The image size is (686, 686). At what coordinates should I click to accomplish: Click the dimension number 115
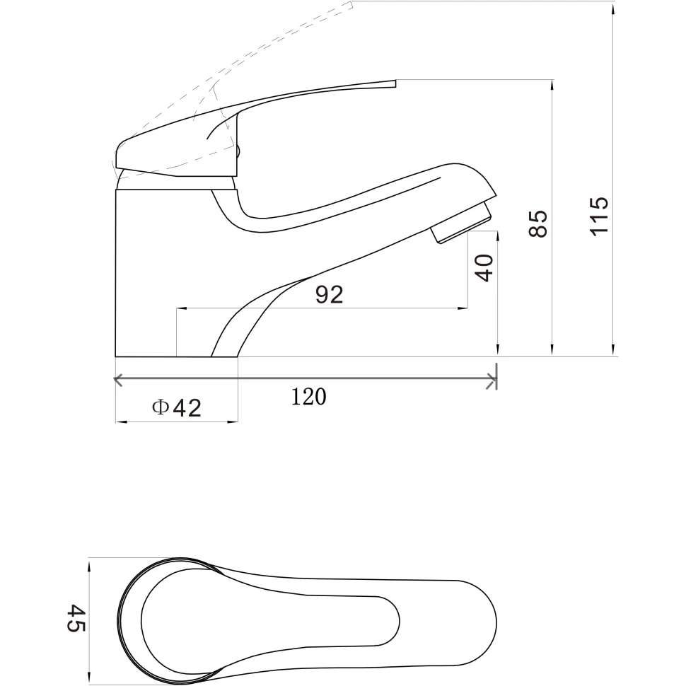click(x=600, y=216)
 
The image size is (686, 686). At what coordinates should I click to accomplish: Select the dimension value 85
click(x=538, y=223)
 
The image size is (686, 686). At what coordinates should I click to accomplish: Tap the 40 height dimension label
click(x=484, y=268)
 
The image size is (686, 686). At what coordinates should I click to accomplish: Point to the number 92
click(x=330, y=294)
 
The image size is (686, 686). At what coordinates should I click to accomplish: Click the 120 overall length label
click(x=309, y=397)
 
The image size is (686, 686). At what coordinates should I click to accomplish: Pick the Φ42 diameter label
click(x=177, y=408)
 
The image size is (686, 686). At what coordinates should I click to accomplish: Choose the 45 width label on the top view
click(x=76, y=617)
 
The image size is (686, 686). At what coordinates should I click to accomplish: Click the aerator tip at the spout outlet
click(x=463, y=222)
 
